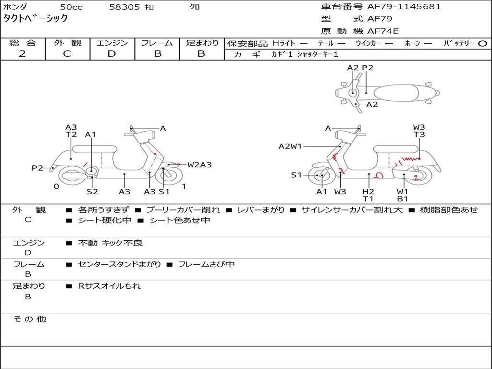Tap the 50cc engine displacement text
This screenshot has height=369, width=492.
[70, 7]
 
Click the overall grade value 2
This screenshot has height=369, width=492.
[23, 54]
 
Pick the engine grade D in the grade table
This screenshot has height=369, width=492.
[112, 54]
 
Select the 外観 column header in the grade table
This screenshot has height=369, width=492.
[67, 43]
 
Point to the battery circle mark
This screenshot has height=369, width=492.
[482, 43]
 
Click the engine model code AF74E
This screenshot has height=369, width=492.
[383, 31]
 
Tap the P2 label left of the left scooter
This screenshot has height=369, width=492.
[37, 168]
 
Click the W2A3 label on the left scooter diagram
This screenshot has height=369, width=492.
[199, 165]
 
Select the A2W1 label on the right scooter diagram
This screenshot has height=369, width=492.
[290, 146]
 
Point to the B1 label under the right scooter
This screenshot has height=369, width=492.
[403, 198]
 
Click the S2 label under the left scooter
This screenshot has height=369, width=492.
[92, 192]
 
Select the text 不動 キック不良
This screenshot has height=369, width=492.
[111, 243]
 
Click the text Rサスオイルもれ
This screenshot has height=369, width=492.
[110, 286]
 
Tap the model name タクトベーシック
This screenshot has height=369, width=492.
[36, 19]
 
